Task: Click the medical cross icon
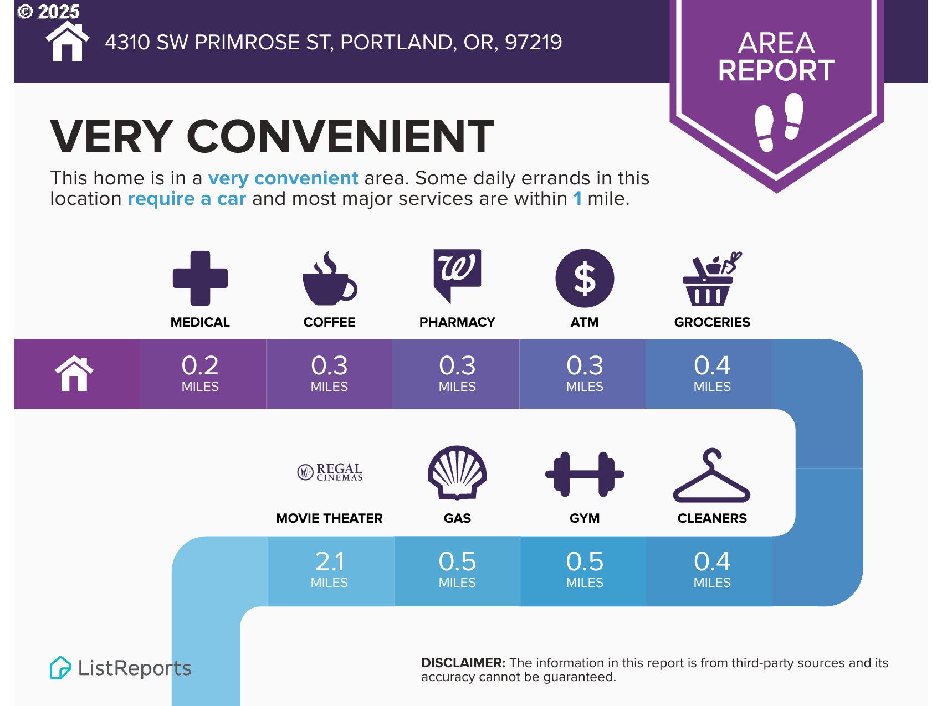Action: click(200, 278)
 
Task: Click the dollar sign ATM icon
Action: click(585, 278)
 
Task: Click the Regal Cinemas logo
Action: click(330, 472)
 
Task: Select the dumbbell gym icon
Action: click(585, 474)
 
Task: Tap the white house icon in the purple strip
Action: click(74, 373)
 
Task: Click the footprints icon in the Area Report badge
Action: click(779, 122)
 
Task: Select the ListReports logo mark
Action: click(60, 668)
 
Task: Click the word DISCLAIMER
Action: click(463, 663)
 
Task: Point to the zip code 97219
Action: click(533, 42)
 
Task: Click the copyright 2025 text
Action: click(49, 12)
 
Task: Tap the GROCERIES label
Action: click(712, 322)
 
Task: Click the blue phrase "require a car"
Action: click(187, 198)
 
